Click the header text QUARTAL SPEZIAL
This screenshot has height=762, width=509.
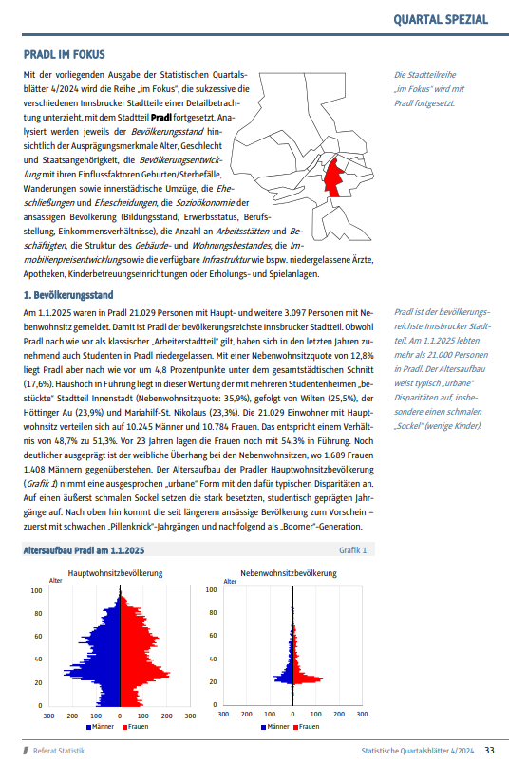click(442, 19)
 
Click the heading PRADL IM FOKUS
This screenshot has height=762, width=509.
click(64, 56)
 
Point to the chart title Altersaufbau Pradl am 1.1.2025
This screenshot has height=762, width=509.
click(84, 550)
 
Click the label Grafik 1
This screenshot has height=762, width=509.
click(352, 550)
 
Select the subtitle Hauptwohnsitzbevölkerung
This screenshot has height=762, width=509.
click(115, 573)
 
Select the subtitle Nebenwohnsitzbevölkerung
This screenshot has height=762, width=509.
click(288, 573)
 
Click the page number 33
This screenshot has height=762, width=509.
click(489, 750)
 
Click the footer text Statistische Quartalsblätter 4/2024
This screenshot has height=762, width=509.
click(419, 751)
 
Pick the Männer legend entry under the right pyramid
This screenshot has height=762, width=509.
click(273, 727)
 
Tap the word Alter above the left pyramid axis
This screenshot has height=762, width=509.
click(57, 580)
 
